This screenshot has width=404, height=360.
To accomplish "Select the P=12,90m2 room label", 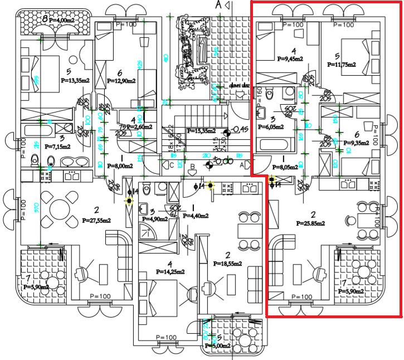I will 121,81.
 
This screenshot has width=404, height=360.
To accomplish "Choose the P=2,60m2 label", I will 138,127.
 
